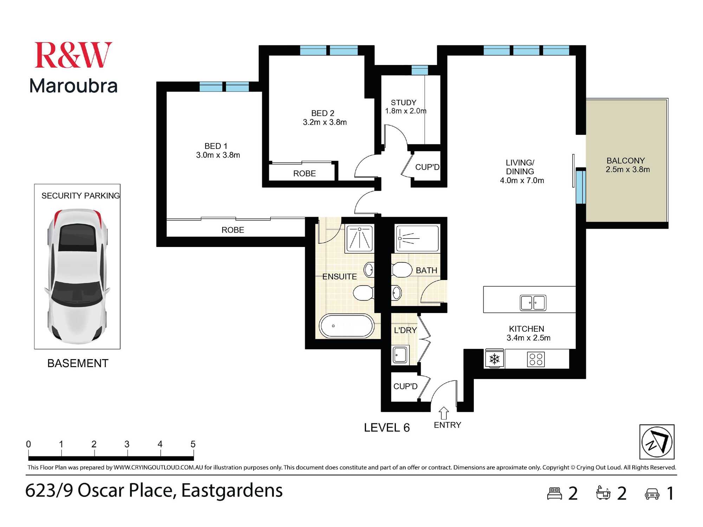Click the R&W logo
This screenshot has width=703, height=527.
tap(73, 55)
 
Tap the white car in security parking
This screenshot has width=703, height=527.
tap(77, 276)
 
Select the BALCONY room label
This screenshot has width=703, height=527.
tap(626, 161)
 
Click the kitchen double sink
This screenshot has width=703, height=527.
tap(533, 302)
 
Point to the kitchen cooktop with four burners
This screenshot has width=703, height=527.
tap(536, 359)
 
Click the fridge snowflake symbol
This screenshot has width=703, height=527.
tap(495, 359)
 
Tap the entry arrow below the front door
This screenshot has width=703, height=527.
tap(444, 413)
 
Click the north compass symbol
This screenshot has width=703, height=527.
tap(657, 442)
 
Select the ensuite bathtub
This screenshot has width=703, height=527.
tap(347, 326)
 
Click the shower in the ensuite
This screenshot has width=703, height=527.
tap(360, 239)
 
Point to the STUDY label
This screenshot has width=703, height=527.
tap(404, 103)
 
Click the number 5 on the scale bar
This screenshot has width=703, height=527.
tap(193, 444)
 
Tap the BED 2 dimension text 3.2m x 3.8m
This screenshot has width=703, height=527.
tap(325, 122)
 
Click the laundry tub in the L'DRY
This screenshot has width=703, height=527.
tap(400, 355)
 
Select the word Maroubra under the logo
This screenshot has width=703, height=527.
tap(73, 86)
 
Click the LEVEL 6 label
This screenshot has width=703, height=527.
tap(387, 428)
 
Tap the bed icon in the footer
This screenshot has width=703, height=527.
tap(555, 493)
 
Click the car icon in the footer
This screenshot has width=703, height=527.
tap(652, 494)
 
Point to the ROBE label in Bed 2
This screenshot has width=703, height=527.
tap(304, 174)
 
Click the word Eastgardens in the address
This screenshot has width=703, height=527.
tap(232, 490)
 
